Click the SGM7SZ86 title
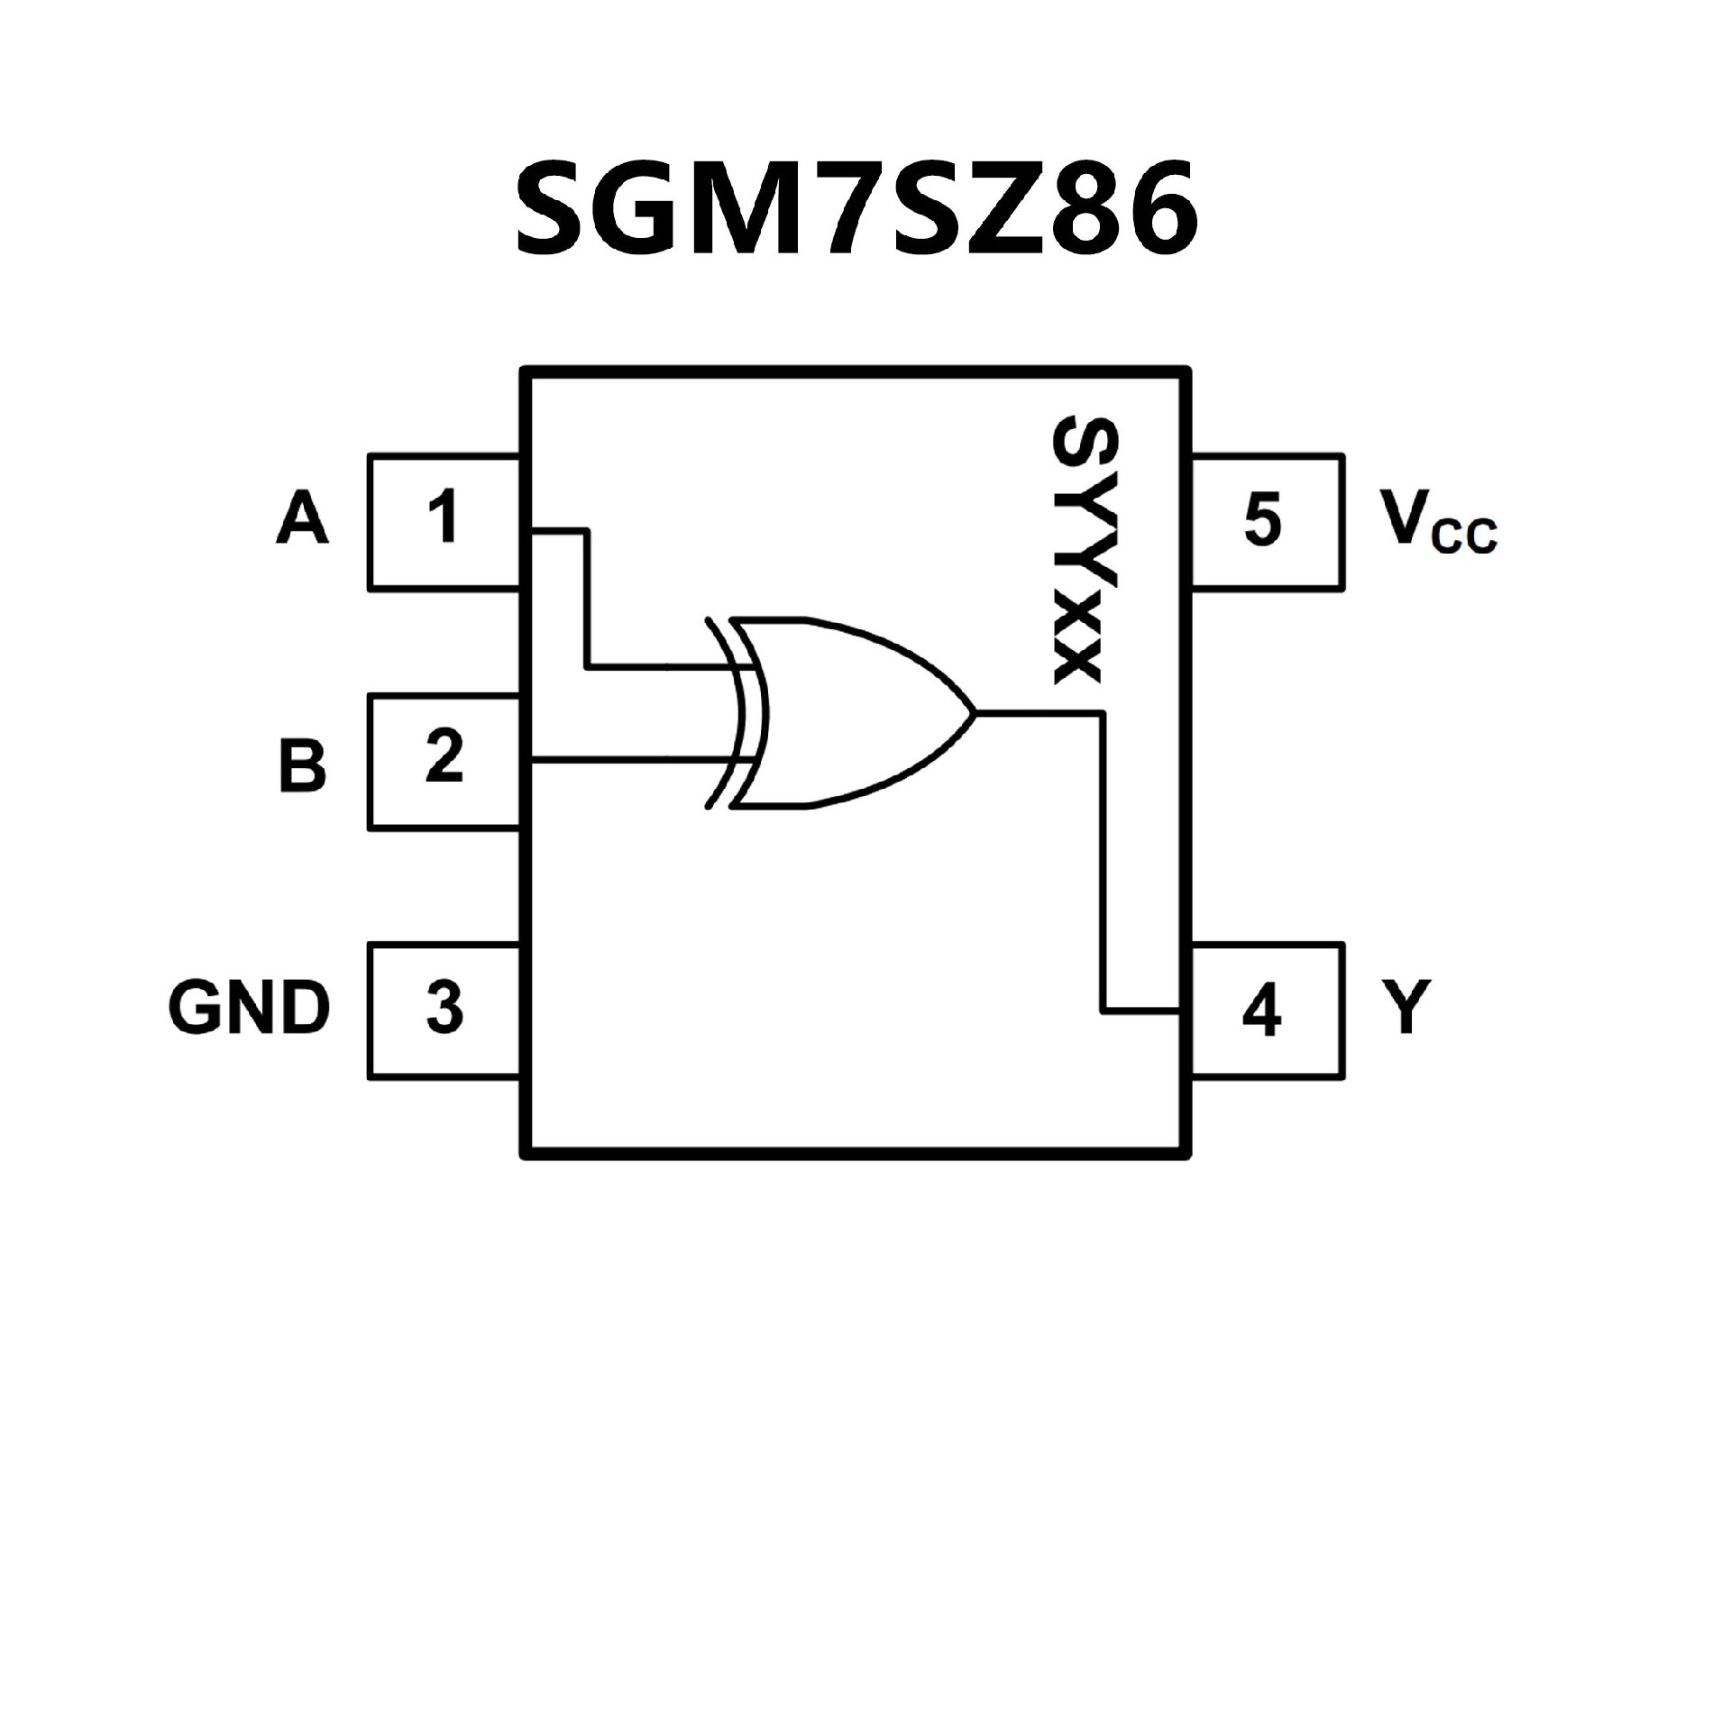click(x=856, y=207)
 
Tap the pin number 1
click(x=443, y=517)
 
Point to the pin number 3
click(x=444, y=1007)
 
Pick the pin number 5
click(x=1262, y=520)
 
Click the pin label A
click(x=302, y=519)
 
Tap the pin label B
click(x=302, y=765)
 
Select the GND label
click(x=249, y=1007)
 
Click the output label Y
click(x=1403, y=1007)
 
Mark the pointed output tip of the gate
click(x=975, y=713)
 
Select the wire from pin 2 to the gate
click(x=631, y=763)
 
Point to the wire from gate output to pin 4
click(x=1102, y=865)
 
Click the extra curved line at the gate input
click(x=719, y=712)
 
